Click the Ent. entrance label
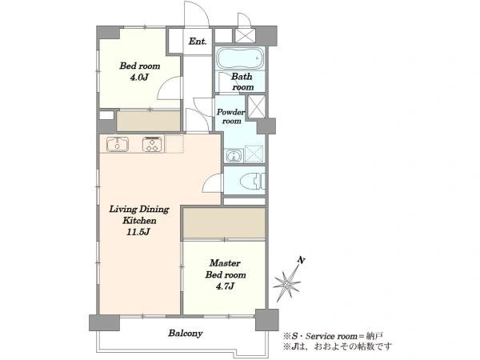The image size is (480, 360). [x=198, y=42]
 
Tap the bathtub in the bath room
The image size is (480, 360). [x=240, y=58]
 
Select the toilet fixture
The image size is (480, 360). [x=253, y=182]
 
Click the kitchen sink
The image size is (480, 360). [x=118, y=145]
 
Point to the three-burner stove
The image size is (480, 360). [x=152, y=145]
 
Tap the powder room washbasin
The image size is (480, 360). [x=234, y=156]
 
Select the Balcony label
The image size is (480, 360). [x=186, y=333]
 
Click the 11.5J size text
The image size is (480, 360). [x=138, y=232]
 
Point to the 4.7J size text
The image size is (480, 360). [x=225, y=286]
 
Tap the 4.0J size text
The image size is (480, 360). [x=139, y=77]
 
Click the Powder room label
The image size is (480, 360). [x=231, y=116]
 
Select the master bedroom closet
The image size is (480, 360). [x=224, y=222]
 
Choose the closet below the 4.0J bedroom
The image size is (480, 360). [x=149, y=121]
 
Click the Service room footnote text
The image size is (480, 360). [x=333, y=336]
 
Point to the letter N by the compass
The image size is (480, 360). [x=302, y=260]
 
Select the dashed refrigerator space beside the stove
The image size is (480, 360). [x=174, y=144]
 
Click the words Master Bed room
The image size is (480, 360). [x=226, y=269]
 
